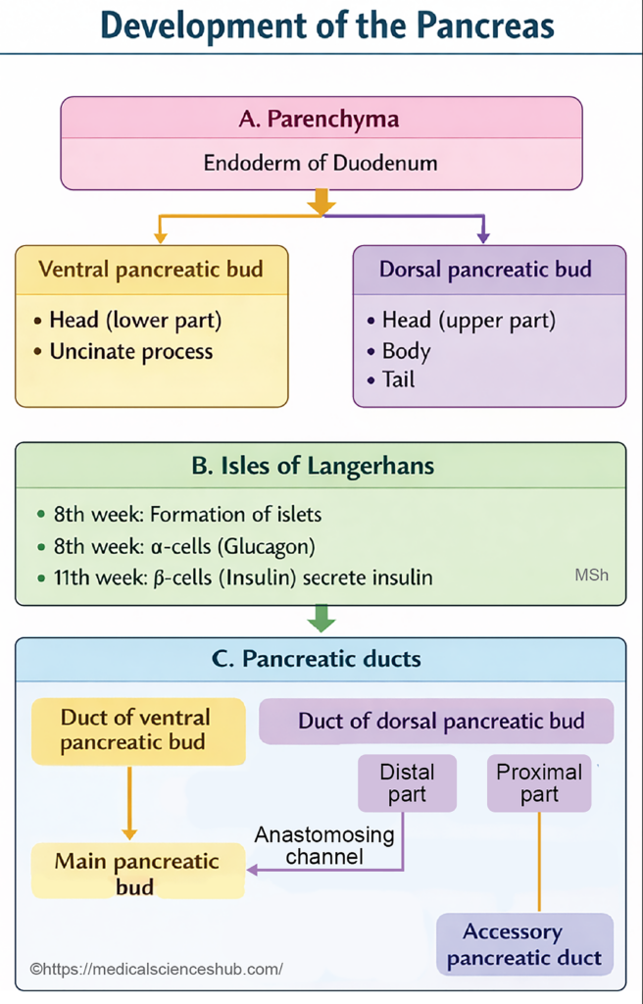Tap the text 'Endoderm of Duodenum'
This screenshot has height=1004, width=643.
321,163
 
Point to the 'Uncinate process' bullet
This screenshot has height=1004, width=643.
130,351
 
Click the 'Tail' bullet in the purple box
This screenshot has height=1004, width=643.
398,378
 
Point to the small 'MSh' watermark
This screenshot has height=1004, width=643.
591,575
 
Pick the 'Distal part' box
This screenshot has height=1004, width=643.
407,782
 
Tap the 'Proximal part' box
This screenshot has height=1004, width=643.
539,782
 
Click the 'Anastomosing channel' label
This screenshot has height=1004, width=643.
324,845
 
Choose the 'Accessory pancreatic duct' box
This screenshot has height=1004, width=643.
524,944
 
